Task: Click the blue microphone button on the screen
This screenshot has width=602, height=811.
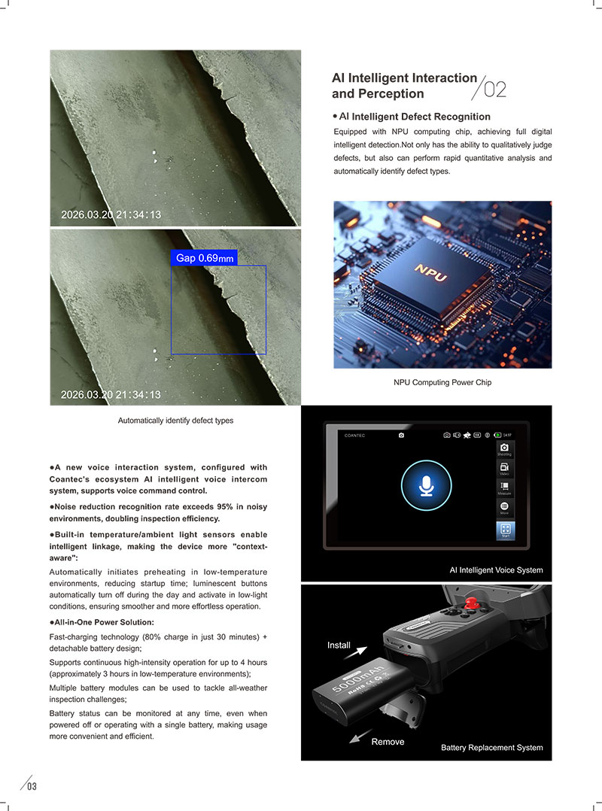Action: click(x=426, y=486)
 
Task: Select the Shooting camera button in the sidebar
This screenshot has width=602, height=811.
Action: click(x=504, y=449)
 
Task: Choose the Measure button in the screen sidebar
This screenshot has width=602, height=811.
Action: click(x=504, y=488)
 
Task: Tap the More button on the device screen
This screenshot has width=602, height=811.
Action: click(x=504, y=508)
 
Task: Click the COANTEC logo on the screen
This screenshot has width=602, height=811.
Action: click(x=354, y=435)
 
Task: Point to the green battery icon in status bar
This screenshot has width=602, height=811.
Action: click(x=497, y=435)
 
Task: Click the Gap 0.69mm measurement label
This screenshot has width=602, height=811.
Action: click(x=204, y=258)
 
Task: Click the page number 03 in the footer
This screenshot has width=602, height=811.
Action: click(x=32, y=787)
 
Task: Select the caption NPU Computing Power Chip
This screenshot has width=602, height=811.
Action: click(x=442, y=382)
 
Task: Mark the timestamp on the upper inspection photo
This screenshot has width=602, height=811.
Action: click(x=111, y=215)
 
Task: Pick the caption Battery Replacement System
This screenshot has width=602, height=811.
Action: click(x=491, y=748)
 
